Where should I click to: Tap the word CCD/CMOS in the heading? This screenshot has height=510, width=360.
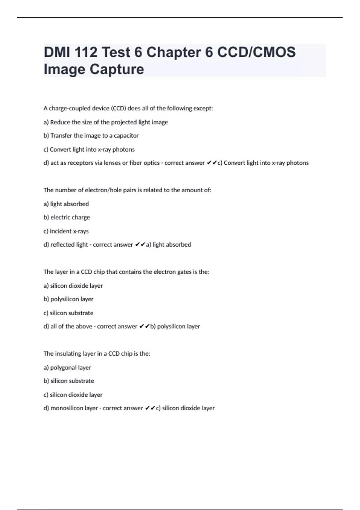pos(256,52)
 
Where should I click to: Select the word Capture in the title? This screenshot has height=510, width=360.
pos(117,69)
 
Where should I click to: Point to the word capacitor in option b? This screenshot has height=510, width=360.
pos(126,136)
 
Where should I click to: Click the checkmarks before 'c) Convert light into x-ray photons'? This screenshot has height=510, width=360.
pos(212,163)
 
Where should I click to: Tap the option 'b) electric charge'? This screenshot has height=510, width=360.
pos(67,217)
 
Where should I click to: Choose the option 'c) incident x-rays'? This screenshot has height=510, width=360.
pos(66,231)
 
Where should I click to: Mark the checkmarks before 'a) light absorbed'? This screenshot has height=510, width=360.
pos(140,245)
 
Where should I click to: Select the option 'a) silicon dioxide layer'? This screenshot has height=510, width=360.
pos(73,286)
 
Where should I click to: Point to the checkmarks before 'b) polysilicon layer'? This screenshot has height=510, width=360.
pos(144,326)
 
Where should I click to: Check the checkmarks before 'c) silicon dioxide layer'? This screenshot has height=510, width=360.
pos(150,408)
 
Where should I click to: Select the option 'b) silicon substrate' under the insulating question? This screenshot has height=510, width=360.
pos(69,381)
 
